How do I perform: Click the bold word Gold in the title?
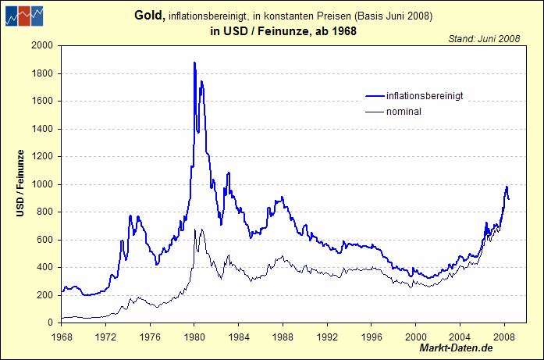[x=150, y=16]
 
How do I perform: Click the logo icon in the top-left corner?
[x=24, y=16]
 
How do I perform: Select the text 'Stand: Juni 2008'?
[x=483, y=38]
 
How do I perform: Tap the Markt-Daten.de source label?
[x=457, y=347]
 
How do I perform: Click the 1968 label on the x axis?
[x=62, y=337]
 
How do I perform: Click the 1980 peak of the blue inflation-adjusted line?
[x=194, y=62]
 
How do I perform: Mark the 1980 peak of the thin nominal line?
[x=194, y=230]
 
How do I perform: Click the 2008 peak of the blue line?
[x=507, y=187]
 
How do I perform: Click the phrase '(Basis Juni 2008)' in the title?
[x=393, y=16]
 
